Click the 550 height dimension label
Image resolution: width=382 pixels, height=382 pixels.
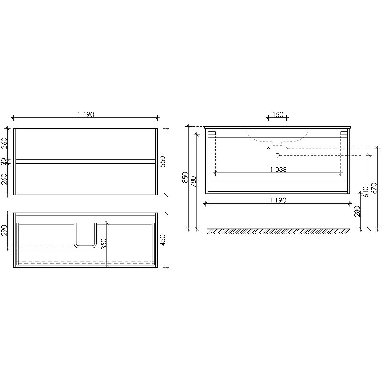coord(163,161)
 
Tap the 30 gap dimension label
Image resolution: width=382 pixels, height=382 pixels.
coord(4,161)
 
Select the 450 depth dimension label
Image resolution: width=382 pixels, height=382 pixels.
coord(163,240)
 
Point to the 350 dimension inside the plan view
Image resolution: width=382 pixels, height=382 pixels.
coord(104,244)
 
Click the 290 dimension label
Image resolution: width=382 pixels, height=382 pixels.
coord(5,231)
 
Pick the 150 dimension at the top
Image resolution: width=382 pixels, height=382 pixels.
coord(278,114)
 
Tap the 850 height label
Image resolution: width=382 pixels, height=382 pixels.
coord(185,178)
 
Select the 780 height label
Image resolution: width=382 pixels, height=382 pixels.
coord(193,181)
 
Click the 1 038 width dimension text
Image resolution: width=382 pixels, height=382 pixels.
coord(278,170)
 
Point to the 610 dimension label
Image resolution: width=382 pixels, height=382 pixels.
coord(366,192)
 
